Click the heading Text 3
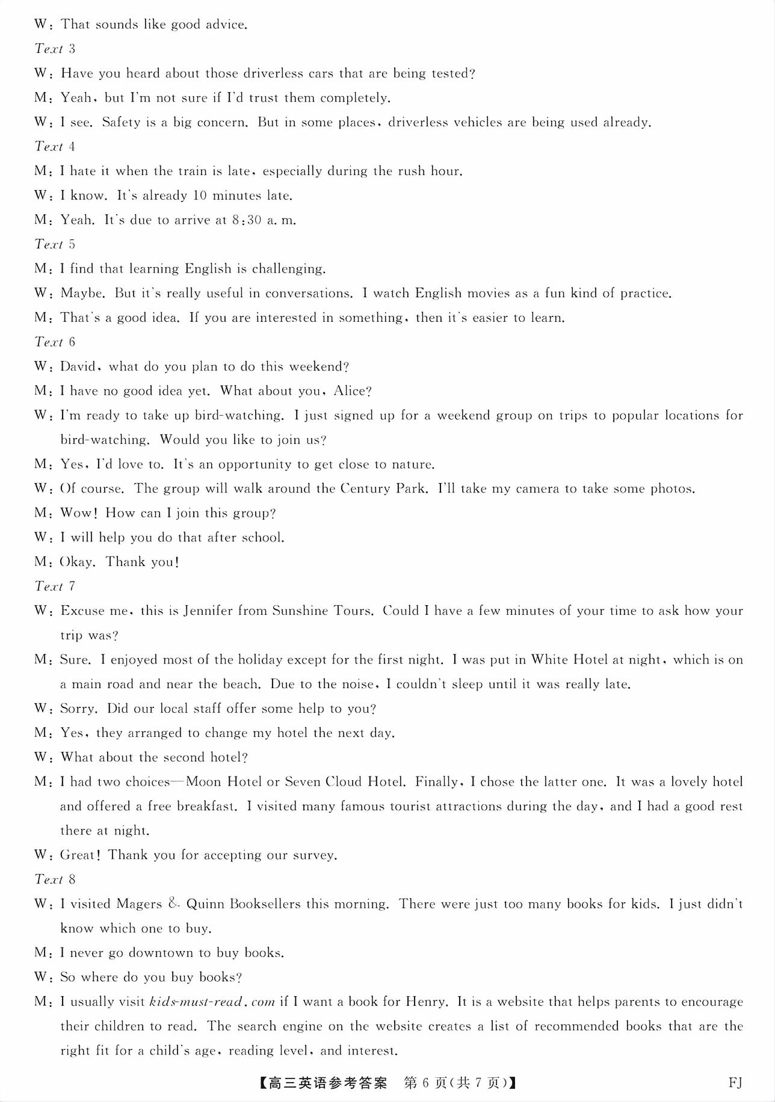tap(55, 49)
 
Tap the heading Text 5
tap(55, 244)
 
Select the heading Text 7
tap(55, 586)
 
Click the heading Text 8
tap(55, 879)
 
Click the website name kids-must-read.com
tap(212, 1002)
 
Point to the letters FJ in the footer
tap(735, 1083)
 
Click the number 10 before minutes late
tap(199, 195)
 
